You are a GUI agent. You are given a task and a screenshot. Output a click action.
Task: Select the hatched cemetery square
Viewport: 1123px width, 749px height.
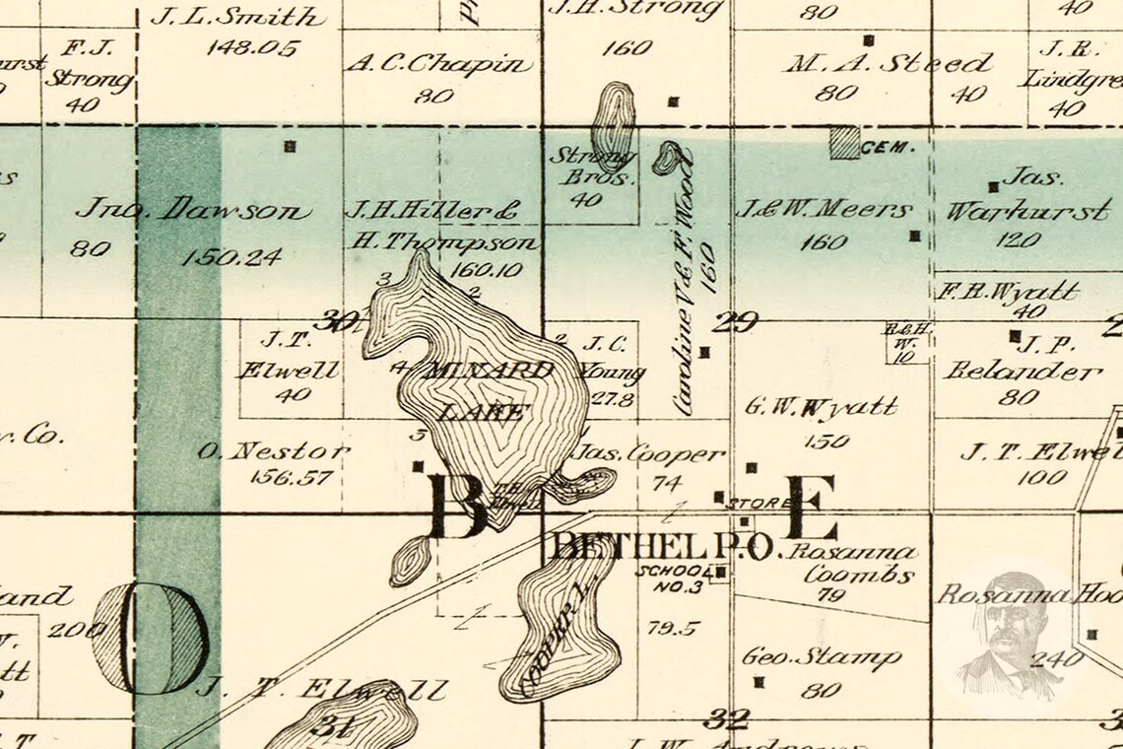point(843,143)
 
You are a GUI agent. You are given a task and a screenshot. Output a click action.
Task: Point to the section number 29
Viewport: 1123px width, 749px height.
point(737,322)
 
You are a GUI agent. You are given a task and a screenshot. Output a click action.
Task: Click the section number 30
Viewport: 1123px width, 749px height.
point(338,321)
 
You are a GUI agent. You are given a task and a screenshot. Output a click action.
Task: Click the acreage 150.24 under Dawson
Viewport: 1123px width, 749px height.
point(231,257)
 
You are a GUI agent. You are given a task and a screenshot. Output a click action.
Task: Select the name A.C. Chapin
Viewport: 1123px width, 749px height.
point(438,65)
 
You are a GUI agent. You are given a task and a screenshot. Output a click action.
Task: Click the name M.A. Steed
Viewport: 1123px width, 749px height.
point(887,65)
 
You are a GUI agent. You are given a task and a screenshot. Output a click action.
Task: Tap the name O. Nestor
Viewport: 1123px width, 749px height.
point(273,452)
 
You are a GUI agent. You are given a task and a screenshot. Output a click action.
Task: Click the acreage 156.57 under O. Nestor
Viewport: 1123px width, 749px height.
point(280,478)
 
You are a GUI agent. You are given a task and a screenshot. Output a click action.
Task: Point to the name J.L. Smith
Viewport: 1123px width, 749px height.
point(237,17)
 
